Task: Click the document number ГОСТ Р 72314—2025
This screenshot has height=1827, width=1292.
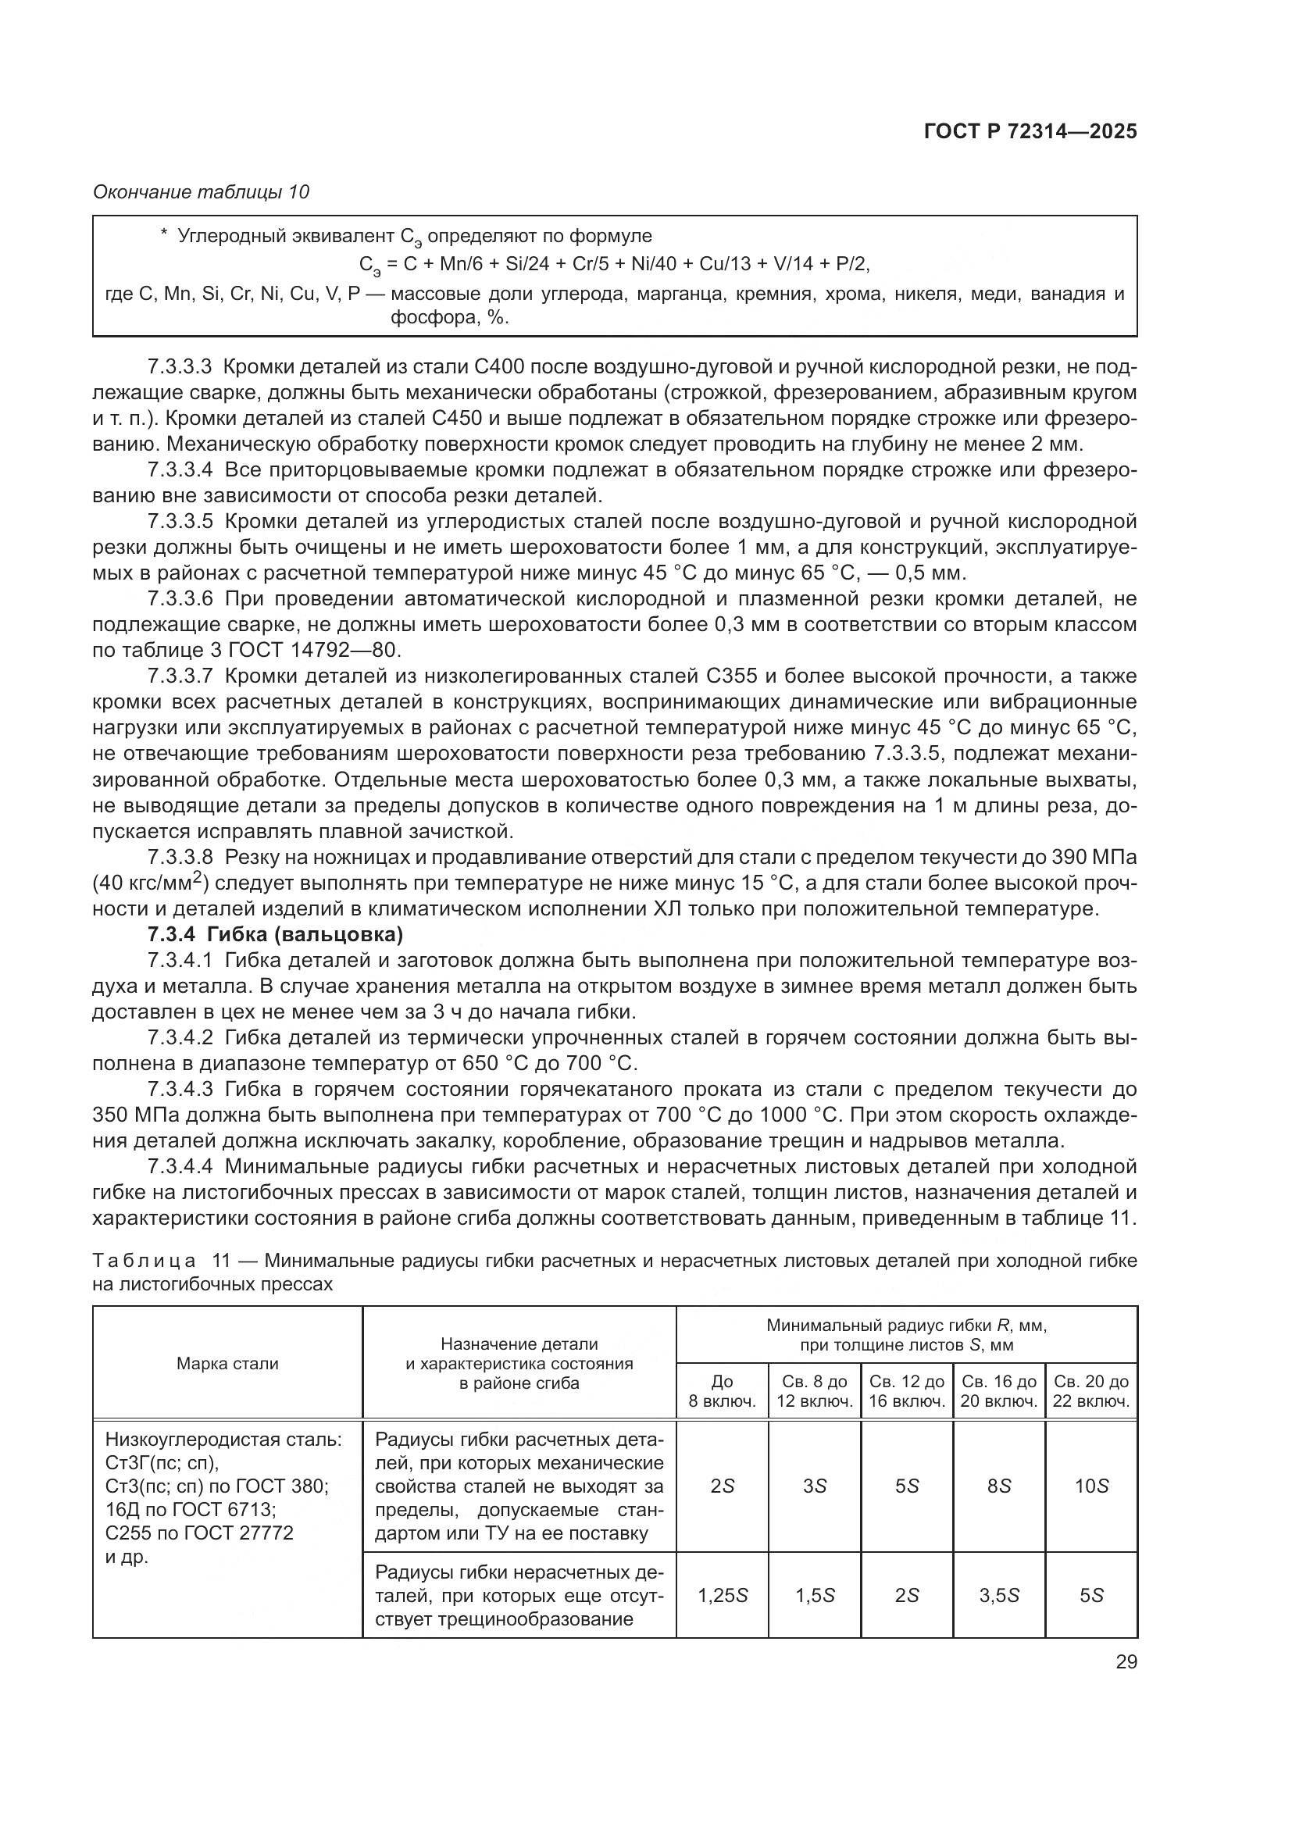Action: [x=1030, y=131]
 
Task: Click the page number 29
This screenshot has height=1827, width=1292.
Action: [x=1126, y=1661]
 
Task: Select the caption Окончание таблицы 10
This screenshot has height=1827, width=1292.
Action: [x=202, y=192]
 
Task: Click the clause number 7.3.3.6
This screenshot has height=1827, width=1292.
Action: [x=180, y=598]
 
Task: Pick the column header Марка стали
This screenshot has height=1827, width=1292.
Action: [x=227, y=1363]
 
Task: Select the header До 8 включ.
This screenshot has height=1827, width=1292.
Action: [x=722, y=1391]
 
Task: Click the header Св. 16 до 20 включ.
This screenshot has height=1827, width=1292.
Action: [x=998, y=1391]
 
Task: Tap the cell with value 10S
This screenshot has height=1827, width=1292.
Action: [x=1090, y=1486]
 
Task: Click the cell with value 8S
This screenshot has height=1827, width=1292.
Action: [x=998, y=1486]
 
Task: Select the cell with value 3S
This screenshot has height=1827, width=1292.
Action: [x=814, y=1486]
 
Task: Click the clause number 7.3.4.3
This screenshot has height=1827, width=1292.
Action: [x=180, y=1089]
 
